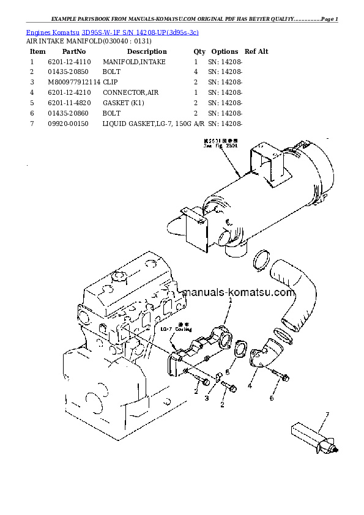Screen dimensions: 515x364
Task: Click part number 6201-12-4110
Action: tap(69, 62)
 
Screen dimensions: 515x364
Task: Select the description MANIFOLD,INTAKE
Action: tap(133, 62)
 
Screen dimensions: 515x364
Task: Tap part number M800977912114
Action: tap(73, 82)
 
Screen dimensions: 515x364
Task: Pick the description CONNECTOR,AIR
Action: tap(131, 92)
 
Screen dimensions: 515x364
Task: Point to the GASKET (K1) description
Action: tap(124, 103)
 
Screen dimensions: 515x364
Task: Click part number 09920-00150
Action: tap(69, 124)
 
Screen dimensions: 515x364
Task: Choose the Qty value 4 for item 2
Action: tap(196, 72)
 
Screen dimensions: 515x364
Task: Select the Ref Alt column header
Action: tap(256, 51)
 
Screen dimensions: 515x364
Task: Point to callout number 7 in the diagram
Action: tap(327, 415)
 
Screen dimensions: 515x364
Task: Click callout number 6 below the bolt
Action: tap(272, 398)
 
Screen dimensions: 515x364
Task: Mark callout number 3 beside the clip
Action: tap(207, 398)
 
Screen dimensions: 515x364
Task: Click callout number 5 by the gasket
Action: tap(227, 371)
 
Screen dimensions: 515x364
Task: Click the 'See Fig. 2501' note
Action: tap(216, 144)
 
